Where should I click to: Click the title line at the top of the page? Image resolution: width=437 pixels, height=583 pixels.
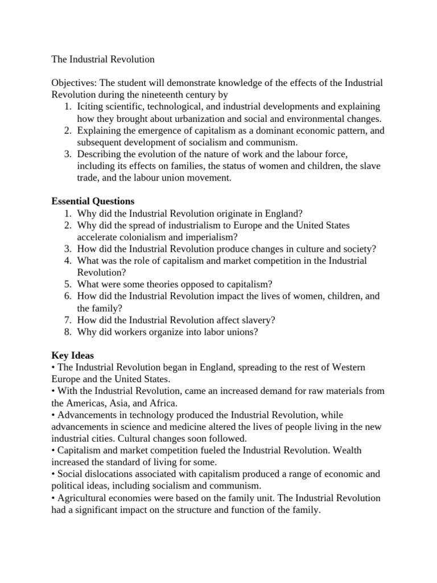[103, 59]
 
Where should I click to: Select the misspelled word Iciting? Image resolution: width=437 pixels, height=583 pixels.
[91, 106]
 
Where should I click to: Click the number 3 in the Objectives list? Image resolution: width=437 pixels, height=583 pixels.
[66, 154]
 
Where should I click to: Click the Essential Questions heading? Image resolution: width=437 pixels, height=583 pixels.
[93, 202]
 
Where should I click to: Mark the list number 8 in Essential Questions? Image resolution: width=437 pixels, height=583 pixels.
[66, 332]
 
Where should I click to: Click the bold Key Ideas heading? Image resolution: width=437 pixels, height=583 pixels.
[72, 356]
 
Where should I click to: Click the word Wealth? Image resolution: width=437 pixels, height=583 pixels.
[347, 450]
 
